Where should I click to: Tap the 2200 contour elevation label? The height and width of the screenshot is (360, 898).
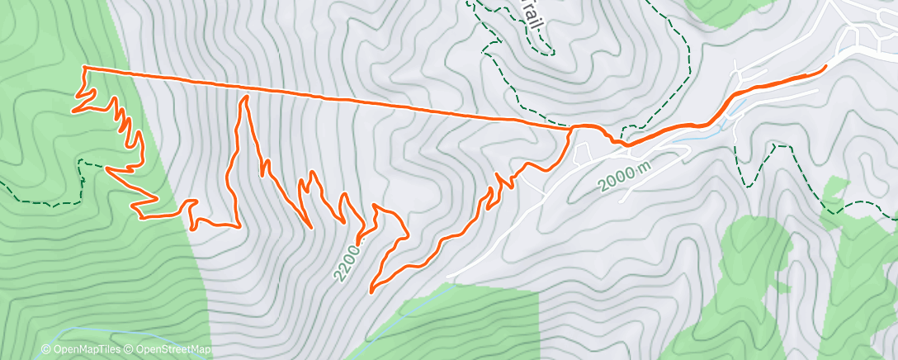tap(347, 261)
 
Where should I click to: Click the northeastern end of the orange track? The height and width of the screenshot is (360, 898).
tap(825, 66)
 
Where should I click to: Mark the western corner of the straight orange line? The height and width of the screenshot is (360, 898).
tap(84, 67)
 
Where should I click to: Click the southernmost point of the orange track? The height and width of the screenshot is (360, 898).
tap(371, 291)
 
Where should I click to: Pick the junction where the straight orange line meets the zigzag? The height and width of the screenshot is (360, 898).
tap(570, 128)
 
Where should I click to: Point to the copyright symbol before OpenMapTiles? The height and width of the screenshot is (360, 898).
tap(46, 350)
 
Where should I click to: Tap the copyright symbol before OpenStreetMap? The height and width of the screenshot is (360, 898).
tap(131, 350)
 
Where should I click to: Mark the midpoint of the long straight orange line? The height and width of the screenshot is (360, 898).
tap(327, 97)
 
